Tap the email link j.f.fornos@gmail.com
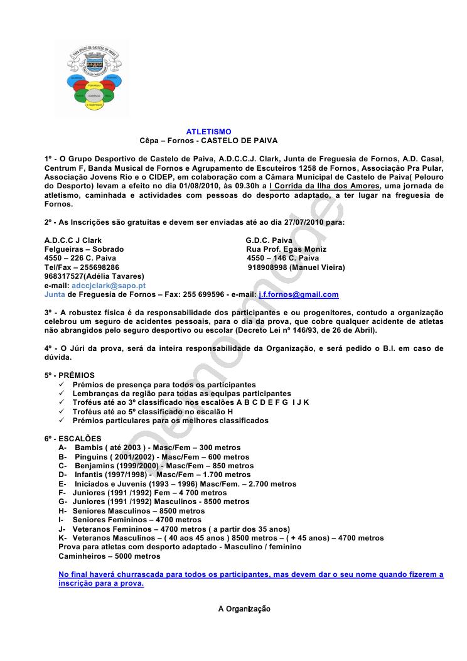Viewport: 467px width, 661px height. pyautogui.click(x=299, y=294)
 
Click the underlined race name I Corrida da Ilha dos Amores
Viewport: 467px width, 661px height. pyautogui.click(x=324, y=186)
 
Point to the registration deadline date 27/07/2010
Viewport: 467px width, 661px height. pyautogui.click(x=319, y=222)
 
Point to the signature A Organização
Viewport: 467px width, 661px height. pyautogui.click(x=244, y=609)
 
